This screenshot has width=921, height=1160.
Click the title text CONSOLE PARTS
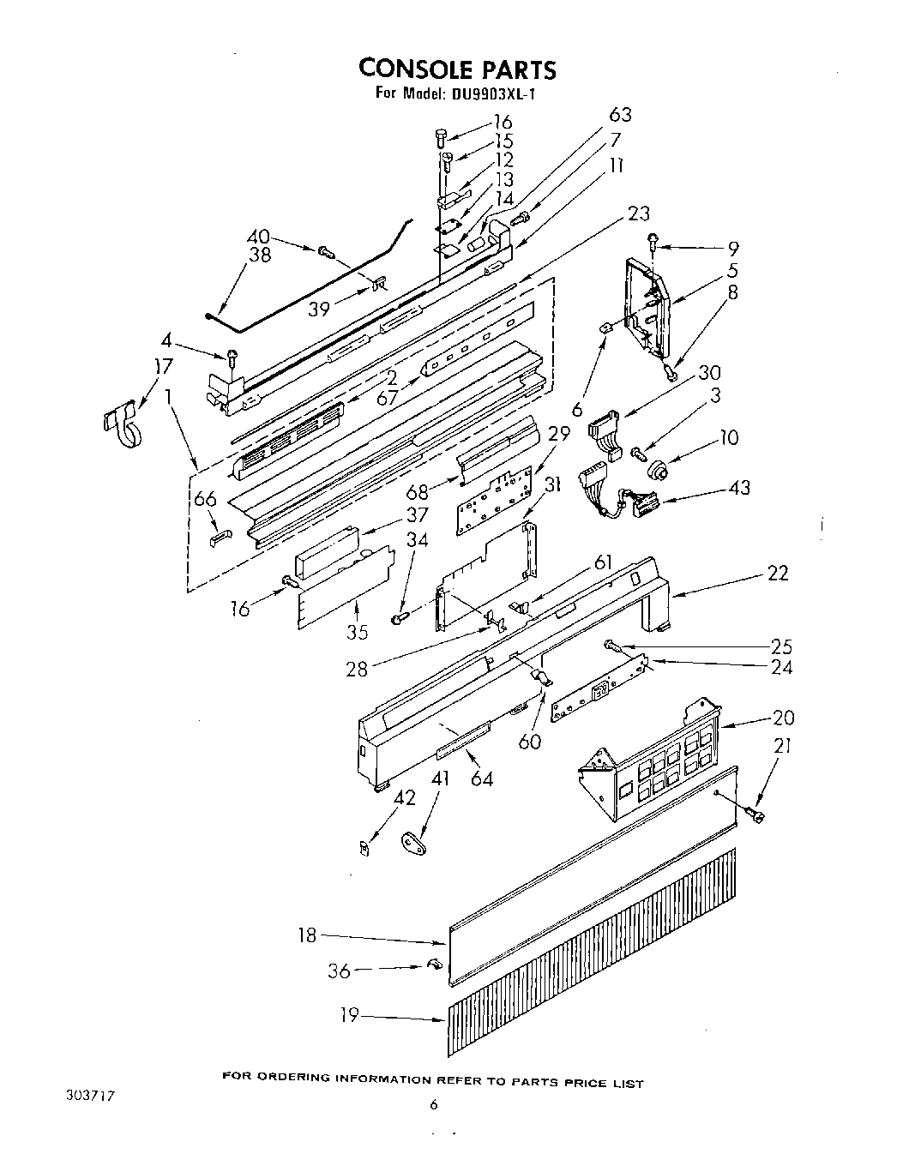click(x=457, y=68)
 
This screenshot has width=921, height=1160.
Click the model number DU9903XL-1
click(x=491, y=93)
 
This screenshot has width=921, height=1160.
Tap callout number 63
click(x=620, y=116)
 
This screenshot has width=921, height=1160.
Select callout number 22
click(x=777, y=574)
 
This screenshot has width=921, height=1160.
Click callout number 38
click(x=260, y=255)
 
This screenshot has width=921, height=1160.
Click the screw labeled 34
click(x=399, y=616)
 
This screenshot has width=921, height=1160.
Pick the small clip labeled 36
click(x=434, y=965)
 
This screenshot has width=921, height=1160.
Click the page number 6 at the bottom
click(x=434, y=1106)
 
